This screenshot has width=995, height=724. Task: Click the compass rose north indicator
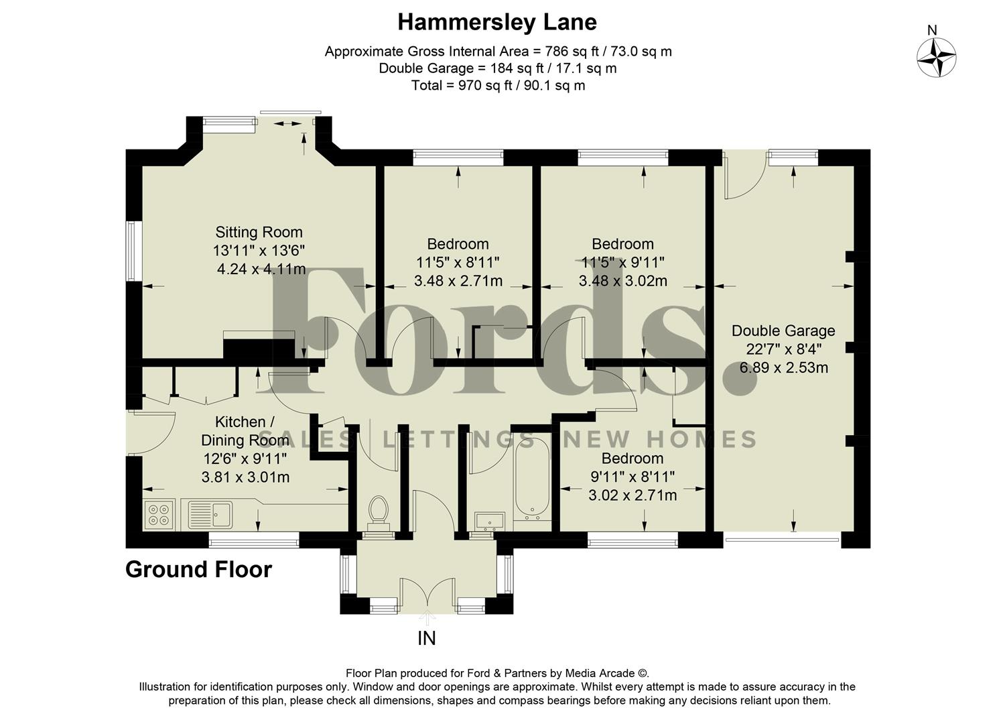(936, 56)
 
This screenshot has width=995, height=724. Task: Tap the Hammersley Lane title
(496, 22)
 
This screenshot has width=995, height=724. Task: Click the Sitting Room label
(259, 233)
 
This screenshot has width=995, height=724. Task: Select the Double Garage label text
(783, 330)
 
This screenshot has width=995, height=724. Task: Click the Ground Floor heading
(198, 570)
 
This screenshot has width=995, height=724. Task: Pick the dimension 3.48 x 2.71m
(458, 282)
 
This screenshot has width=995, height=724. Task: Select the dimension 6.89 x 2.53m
(783, 368)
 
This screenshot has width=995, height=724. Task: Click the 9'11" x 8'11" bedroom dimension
(632, 477)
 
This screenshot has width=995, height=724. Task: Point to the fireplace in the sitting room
(259, 347)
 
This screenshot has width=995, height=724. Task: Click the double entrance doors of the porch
(427, 595)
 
